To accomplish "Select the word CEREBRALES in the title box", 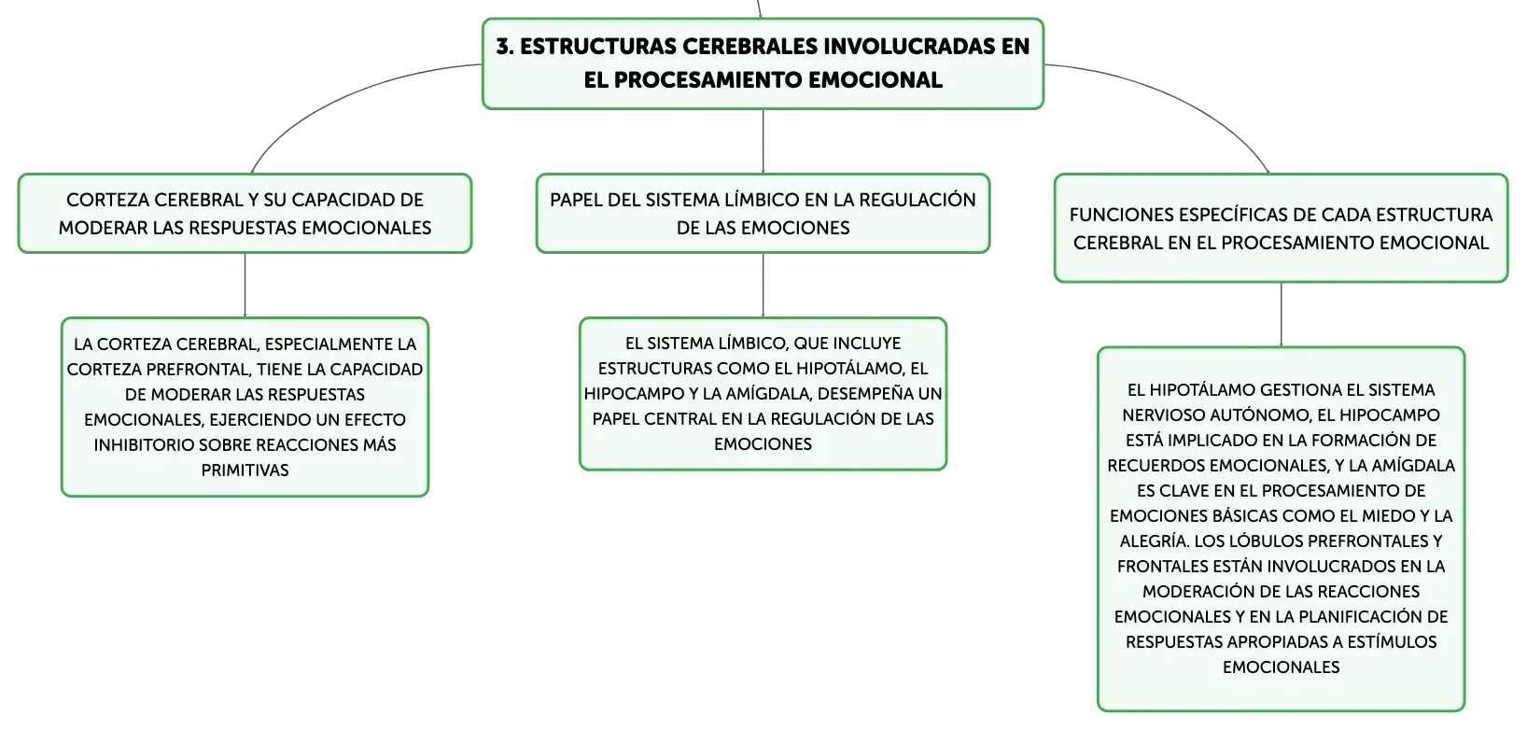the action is (x=749, y=47).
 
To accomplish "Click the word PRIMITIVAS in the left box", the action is (x=245, y=470).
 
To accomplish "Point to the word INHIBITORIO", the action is (x=143, y=445).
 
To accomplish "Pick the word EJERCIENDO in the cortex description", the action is (x=259, y=420).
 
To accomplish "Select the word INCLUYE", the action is (x=868, y=344).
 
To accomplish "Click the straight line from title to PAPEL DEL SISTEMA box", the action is (x=763, y=141).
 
